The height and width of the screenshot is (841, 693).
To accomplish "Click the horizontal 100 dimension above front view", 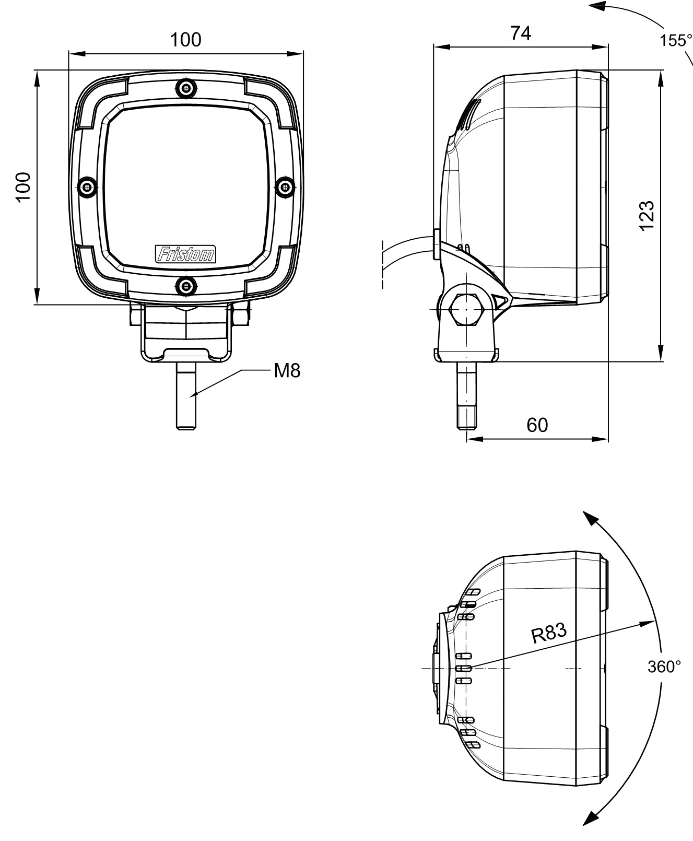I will tap(186, 40).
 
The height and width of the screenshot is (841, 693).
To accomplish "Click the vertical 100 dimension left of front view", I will tap(23, 186).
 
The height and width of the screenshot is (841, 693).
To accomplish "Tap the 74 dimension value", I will tap(521, 33).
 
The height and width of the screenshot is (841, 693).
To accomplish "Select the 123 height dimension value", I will tap(647, 215).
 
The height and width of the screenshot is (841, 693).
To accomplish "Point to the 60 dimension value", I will tap(537, 425).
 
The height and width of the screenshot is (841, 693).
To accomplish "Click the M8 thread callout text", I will tap(287, 371).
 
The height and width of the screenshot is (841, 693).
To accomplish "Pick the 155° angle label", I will tap(675, 40).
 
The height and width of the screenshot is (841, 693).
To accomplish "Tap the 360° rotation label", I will tap(664, 667).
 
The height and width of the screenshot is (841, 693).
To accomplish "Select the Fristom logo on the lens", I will tap(186, 254).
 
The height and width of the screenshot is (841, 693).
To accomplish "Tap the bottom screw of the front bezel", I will tap(186, 286).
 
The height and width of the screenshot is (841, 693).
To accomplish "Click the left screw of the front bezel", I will tap(87, 186).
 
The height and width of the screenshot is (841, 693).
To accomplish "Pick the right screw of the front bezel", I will tap(285, 186).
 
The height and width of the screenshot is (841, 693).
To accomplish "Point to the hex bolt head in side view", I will tap(466, 310).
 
